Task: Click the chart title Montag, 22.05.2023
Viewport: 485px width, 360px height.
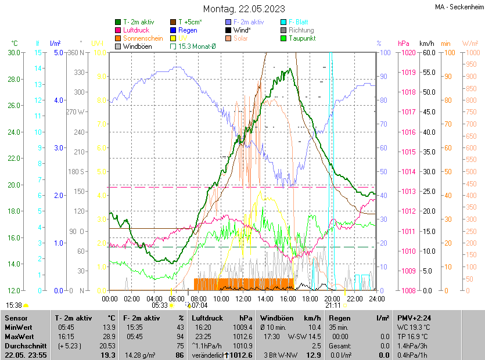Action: pyautogui.click(x=244, y=9)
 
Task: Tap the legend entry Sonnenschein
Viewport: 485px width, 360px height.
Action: pyautogui.click(x=142, y=38)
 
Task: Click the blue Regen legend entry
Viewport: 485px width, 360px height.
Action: pyautogui.click(x=187, y=30)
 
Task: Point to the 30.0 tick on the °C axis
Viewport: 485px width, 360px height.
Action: pyautogui.click(x=14, y=53)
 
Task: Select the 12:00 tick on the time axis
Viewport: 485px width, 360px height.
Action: pyautogui.click(x=243, y=298)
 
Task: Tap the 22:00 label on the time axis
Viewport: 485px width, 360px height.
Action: pyautogui.click(x=355, y=298)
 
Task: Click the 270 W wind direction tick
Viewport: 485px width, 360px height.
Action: pyautogui.click(x=76, y=112)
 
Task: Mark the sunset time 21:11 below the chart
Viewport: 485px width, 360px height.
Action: pyautogui.click(x=333, y=305)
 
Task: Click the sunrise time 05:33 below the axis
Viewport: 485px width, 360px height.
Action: pyautogui.click(x=160, y=305)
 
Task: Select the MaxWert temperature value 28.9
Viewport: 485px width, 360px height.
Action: pyautogui.click(x=108, y=336)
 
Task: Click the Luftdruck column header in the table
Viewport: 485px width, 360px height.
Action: pyautogui.click(x=207, y=318)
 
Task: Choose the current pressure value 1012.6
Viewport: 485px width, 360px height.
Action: pyautogui.click(x=242, y=355)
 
